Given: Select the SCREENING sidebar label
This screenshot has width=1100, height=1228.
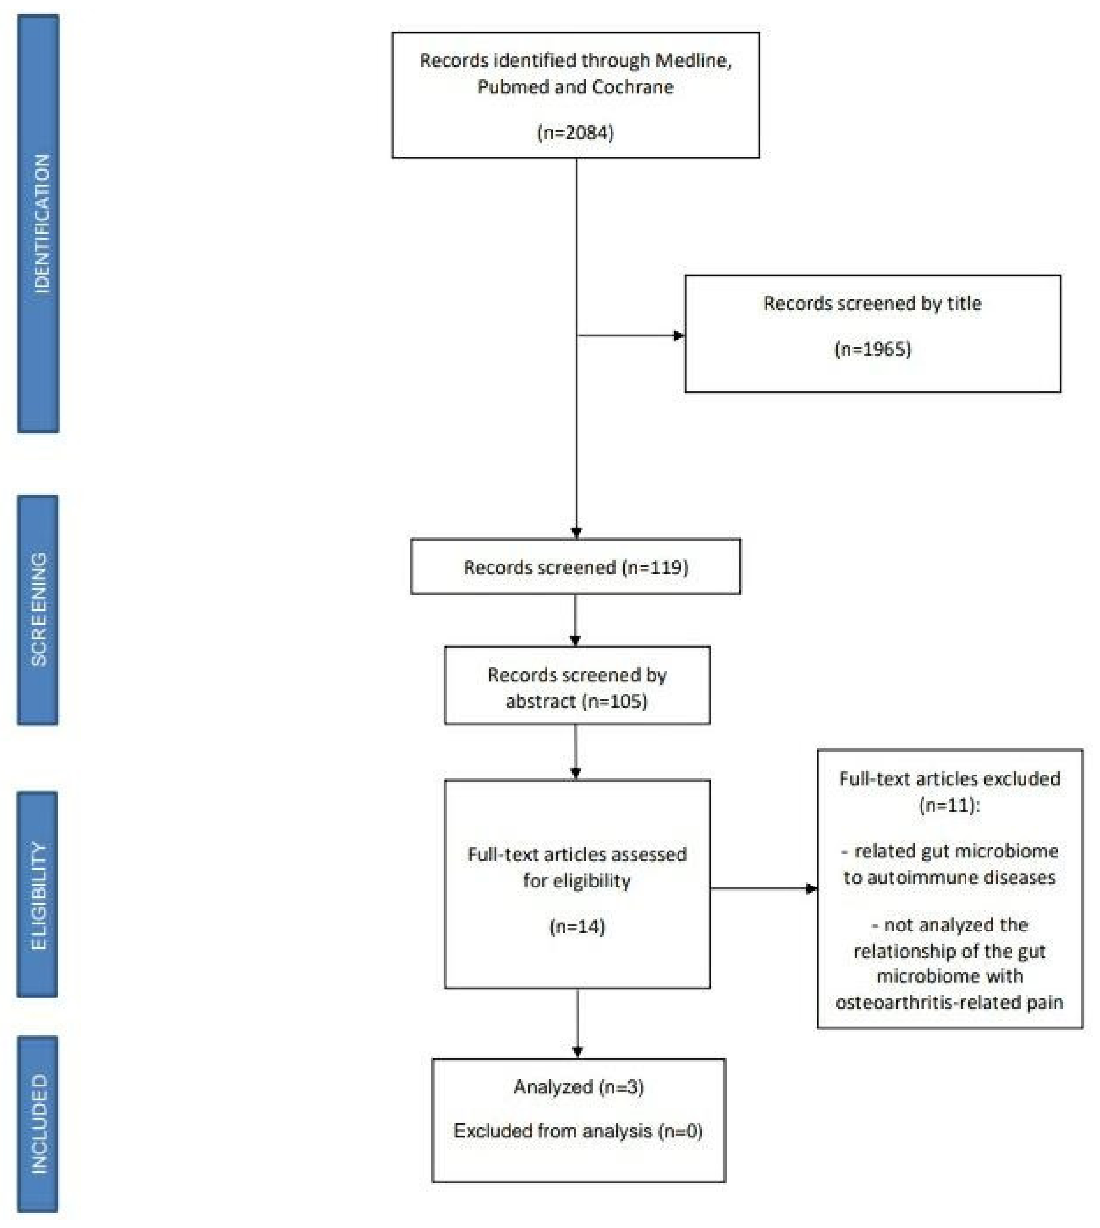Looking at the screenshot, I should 38,609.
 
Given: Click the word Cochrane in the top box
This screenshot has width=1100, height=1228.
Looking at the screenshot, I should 632,87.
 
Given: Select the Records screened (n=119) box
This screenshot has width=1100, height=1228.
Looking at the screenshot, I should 575,567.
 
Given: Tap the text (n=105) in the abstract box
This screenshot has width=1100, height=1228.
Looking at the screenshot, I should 614,701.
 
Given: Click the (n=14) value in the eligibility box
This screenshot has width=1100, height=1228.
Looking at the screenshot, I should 577,927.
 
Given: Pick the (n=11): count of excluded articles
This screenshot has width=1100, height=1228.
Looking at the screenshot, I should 949,805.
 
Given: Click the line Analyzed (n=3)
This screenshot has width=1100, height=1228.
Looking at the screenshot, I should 578,1087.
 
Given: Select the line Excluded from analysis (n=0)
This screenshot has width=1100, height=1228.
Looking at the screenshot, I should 578,1131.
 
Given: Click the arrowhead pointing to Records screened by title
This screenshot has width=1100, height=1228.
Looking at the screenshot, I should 679,335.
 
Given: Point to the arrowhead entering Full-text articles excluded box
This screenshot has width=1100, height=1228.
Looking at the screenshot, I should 812,888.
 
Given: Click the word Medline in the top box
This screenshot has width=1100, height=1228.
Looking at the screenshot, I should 693,60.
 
